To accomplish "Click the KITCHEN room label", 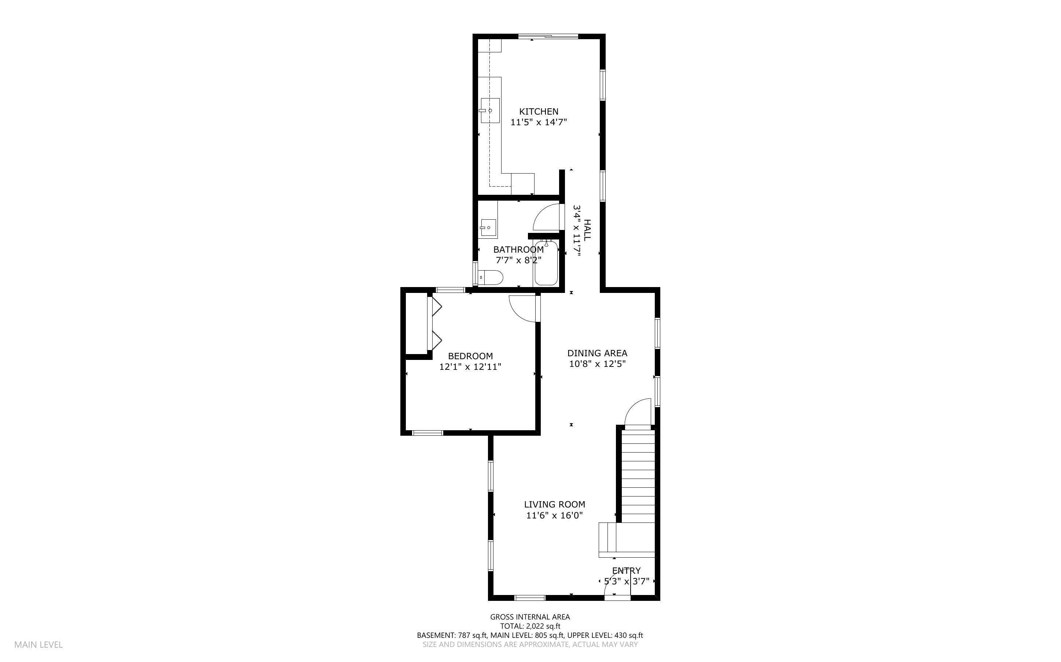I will [539, 112].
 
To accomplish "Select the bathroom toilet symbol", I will [491, 278].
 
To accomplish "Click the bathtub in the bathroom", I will [546, 264].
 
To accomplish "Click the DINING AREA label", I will [597, 353].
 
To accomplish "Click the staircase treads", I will [638, 477].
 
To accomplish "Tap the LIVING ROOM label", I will [554, 505].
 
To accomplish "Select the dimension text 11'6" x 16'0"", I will [554, 515].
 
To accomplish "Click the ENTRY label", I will [626, 570].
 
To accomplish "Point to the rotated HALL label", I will [588, 230].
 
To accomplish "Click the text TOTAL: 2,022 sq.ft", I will [530, 626].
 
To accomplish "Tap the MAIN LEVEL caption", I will [38, 644].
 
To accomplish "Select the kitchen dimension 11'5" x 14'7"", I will [539, 122].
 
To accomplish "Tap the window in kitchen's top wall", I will [548, 36].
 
